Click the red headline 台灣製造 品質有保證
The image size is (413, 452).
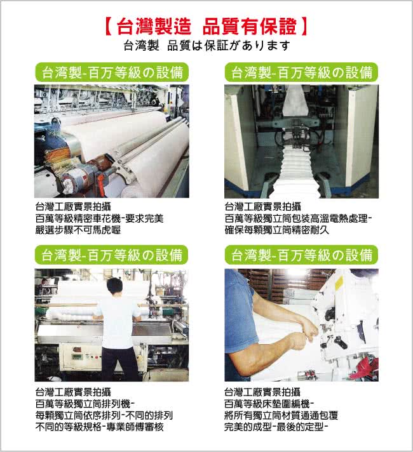(x=207, y=27)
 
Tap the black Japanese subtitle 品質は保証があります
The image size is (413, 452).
(x=229, y=46)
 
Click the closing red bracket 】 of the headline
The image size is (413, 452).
(x=304, y=27)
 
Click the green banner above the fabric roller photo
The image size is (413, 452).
(x=112, y=72)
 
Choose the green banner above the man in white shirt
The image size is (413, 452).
(x=111, y=255)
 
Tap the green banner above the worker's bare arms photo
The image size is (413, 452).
(x=301, y=255)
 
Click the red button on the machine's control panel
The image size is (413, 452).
(x=97, y=357)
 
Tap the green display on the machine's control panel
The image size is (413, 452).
(x=77, y=357)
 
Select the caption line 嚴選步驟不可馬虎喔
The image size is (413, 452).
(x=78, y=230)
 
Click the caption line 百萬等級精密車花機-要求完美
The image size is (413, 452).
(x=99, y=218)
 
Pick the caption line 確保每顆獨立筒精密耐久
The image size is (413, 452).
(x=277, y=230)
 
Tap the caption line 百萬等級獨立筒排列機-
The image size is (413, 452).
(x=85, y=404)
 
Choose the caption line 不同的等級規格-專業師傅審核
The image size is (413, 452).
(x=100, y=427)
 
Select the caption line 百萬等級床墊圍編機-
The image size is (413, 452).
(x=269, y=404)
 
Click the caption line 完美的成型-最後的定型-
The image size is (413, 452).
(x=276, y=427)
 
